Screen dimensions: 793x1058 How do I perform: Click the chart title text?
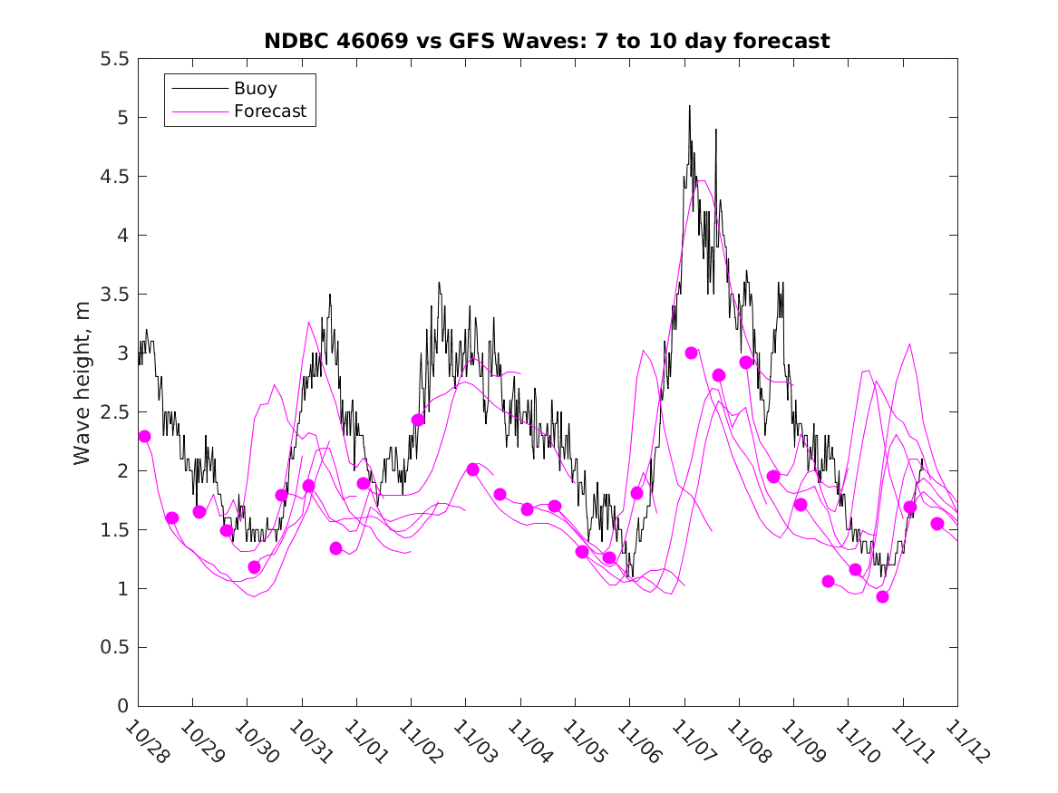(x=547, y=41)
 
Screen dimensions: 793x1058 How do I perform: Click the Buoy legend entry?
(x=255, y=89)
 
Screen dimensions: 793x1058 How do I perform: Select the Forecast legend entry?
(x=269, y=111)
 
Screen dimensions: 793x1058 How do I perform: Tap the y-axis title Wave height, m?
(x=83, y=382)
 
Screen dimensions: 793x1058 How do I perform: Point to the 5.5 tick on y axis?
(x=114, y=59)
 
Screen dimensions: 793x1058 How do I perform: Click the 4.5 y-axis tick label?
(x=114, y=177)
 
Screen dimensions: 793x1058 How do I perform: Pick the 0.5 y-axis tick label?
(x=114, y=647)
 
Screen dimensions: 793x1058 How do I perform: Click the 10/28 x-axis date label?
(x=148, y=742)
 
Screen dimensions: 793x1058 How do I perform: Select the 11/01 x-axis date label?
(x=366, y=742)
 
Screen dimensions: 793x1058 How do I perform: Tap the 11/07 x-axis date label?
(x=694, y=742)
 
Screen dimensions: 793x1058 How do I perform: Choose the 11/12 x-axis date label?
(x=967, y=742)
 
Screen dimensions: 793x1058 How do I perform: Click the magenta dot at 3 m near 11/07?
(x=691, y=353)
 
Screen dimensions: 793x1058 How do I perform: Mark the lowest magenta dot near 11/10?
(x=882, y=596)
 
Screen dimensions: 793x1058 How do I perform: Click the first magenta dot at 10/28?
(x=144, y=436)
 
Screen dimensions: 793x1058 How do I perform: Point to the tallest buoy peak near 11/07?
(x=689, y=107)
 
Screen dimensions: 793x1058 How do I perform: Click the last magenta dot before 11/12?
(x=937, y=524)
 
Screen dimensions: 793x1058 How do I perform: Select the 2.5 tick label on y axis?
(x=114, y=412)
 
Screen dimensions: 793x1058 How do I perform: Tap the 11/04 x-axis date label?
(x=530, y=742)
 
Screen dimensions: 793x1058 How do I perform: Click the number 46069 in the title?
(x=362, y=41)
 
